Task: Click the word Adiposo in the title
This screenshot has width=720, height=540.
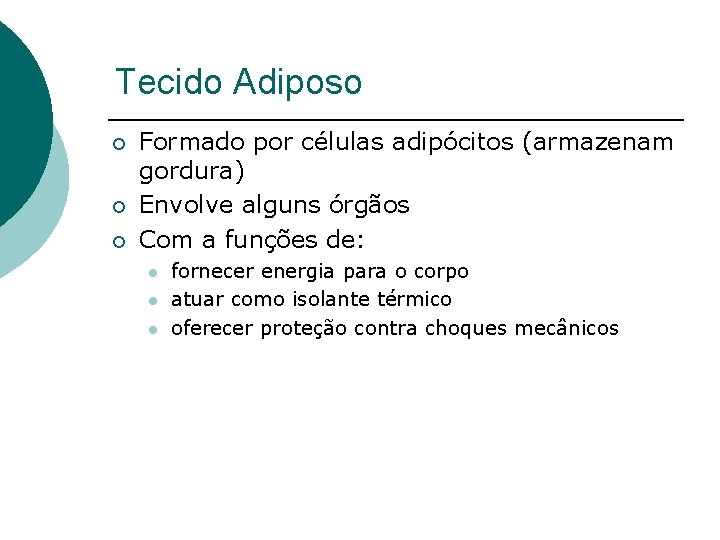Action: coord(298,82)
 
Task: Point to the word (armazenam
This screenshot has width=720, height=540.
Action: coord(598,143)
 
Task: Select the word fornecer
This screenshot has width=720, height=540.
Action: coord(213,271)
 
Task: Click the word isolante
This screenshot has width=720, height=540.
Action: coord(330,299)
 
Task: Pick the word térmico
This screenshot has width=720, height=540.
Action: coord(414,299)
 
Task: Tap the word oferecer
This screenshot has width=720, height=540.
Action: coord(213,328)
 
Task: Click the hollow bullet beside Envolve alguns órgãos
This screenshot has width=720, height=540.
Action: coord(119,207)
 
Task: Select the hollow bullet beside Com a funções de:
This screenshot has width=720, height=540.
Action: coord(119,241)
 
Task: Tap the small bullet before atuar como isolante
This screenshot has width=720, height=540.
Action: coord(152,300)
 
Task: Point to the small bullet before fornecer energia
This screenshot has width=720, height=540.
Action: coord(152,272)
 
